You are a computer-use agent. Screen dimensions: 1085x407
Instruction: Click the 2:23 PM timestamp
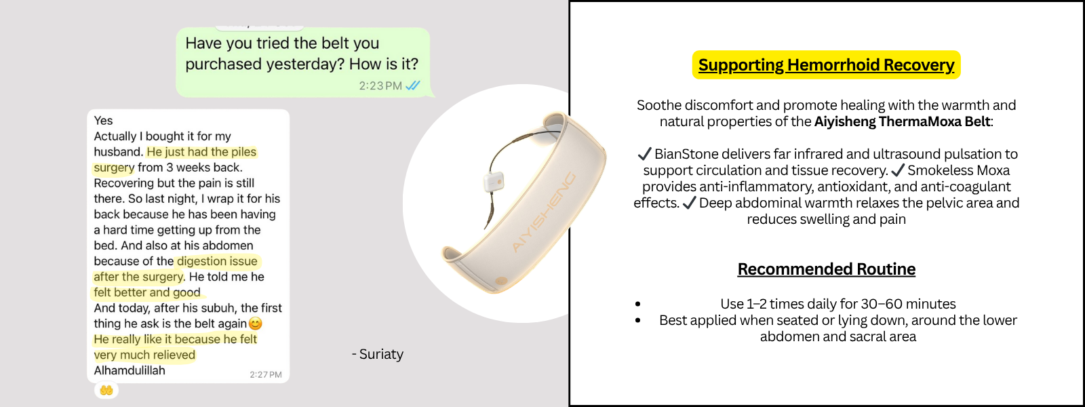(380, 85)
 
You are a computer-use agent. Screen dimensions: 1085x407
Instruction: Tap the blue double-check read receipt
(413, 85)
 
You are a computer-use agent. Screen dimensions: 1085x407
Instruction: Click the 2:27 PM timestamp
(265, 374)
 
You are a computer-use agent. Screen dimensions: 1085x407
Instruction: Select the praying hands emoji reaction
(106, 390)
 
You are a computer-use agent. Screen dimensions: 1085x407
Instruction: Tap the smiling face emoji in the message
(255, 323)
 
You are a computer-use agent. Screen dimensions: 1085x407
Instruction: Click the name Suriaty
(381, 354)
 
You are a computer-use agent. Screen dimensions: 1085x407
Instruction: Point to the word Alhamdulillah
(130, 370)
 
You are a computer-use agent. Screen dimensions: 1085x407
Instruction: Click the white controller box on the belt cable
(494, 182)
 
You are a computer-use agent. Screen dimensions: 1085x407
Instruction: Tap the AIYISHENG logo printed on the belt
(543, 212)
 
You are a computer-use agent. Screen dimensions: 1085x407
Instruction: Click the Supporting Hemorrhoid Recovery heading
(827, 65)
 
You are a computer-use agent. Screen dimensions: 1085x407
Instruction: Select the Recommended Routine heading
(827, 269)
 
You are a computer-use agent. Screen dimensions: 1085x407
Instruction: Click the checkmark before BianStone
(644, 154)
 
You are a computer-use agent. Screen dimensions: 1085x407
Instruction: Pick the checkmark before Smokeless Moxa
(898, 170)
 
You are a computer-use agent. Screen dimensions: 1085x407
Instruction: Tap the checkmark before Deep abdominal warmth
(689, 203)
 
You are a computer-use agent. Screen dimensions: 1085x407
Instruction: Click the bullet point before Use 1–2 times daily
(638, 305)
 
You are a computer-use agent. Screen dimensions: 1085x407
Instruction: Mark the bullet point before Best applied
(638, 320)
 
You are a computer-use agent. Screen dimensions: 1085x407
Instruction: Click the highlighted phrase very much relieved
(144, 355)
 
